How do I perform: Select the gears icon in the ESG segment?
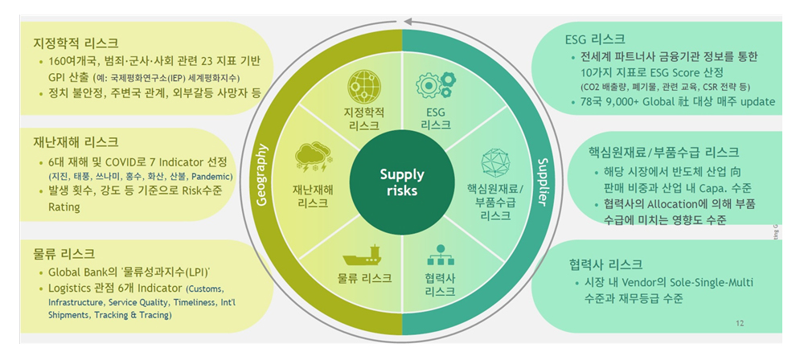(x=435, y=86)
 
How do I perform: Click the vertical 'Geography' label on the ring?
(x=260, y=176)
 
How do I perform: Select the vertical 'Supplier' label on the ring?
(x=543, y=180)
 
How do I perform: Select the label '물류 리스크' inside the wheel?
(x=364, y=278)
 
